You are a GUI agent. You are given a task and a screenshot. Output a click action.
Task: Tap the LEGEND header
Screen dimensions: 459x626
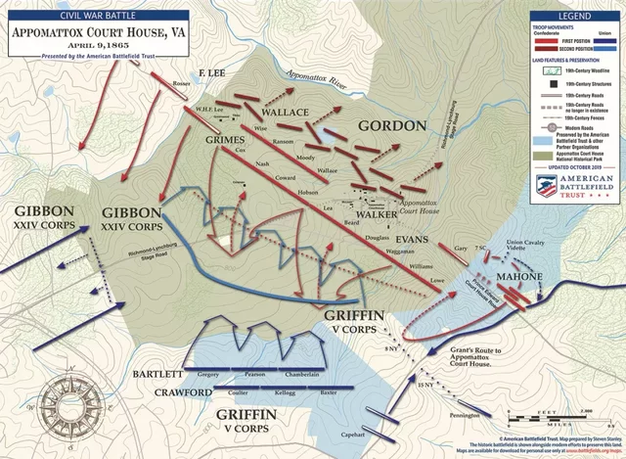pos(574,17)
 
